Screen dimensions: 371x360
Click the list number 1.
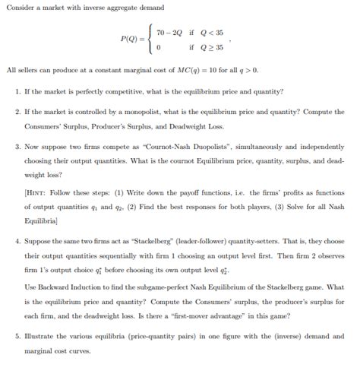click(17, 91)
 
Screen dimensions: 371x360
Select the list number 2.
click(17, 111)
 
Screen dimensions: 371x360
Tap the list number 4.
click(17, 239)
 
